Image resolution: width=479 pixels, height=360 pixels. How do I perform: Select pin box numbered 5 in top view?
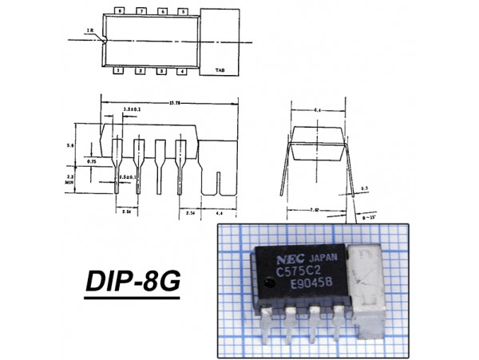pyautogui.click(x=184, y=12)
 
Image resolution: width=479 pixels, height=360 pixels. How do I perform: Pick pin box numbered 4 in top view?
pyautogui.click(x=183, y=72)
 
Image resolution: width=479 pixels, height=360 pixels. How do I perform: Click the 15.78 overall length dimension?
pyautogui.click(x=172, y=101)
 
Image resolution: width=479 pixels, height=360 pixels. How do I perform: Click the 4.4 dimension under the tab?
pyautogui.click(x=220, y=213)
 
